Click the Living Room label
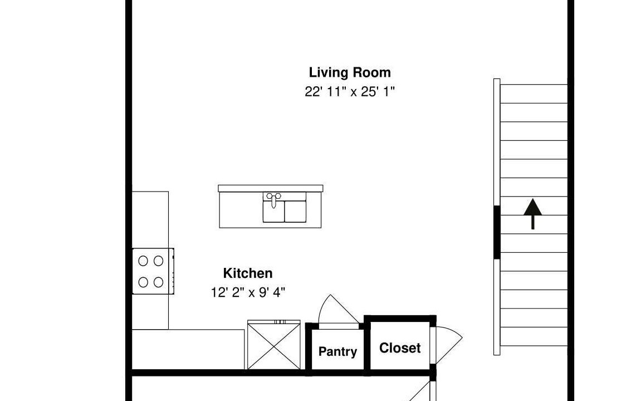tap(350, 72)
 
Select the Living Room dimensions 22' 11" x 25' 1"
tap(350, 92)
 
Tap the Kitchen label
tap(248, 273)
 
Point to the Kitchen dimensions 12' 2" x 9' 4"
tap(248, 292)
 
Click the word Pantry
tap(337, 351)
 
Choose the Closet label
tap(400, 348)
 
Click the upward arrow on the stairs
tap(532, 214)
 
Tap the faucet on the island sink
tap(274, 199)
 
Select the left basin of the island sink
tap(273, 211)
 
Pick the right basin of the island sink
tap(295, 211)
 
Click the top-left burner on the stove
tap(143, 261)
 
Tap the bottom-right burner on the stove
tap(159, 282)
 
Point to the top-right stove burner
tap(159, 261)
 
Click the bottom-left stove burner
tap(143, 282)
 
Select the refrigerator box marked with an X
tap(274, 345)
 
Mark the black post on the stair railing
tap(497, 232)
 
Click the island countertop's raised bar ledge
tap(271, 189)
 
